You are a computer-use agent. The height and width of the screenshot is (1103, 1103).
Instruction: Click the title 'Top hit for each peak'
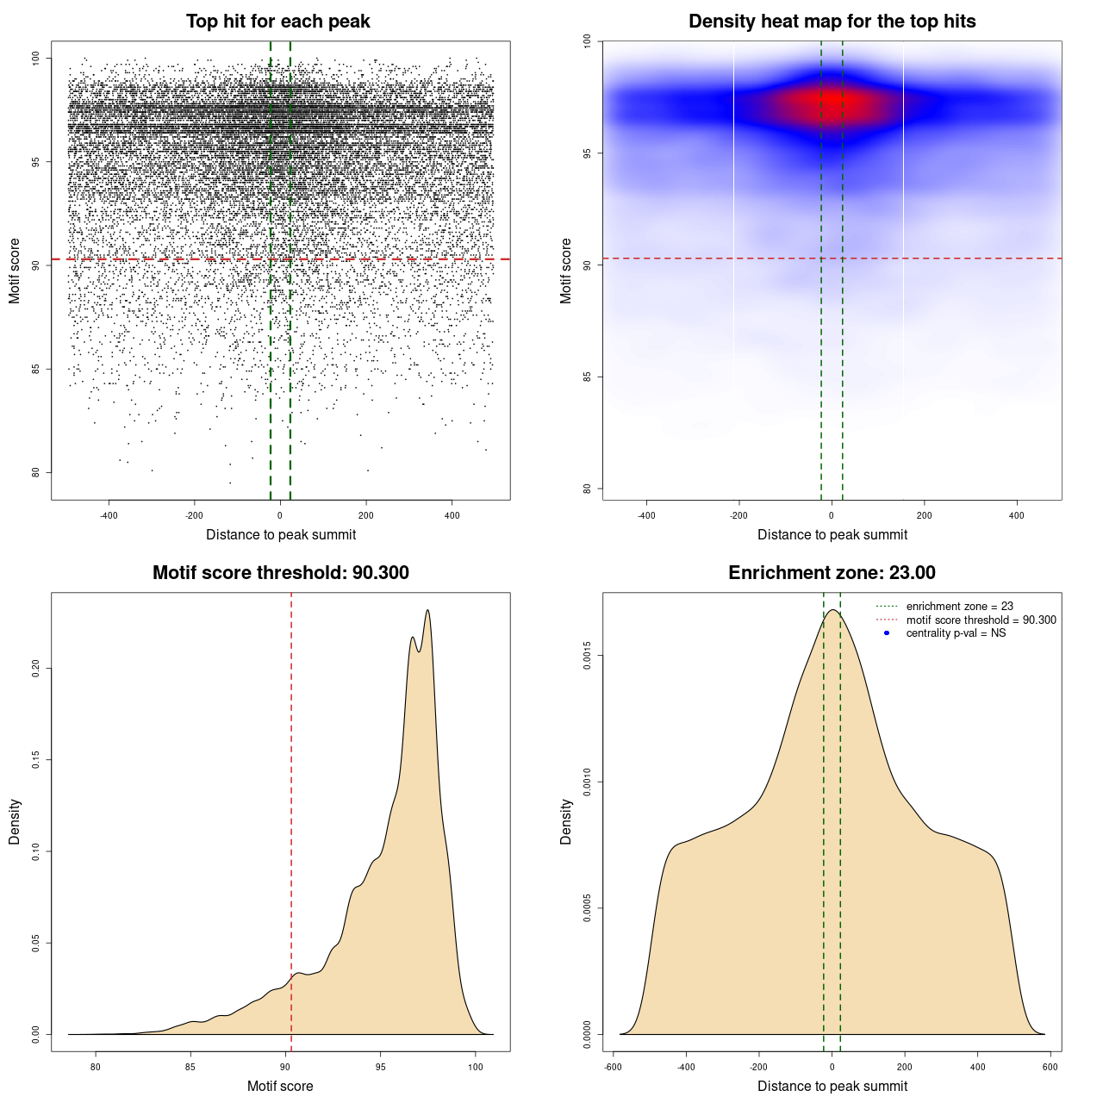[x=277, y=22]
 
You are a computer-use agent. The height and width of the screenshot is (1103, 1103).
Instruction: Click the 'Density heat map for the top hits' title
[x=832, y=22]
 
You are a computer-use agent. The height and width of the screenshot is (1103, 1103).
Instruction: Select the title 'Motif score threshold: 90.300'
[x=280, y=573]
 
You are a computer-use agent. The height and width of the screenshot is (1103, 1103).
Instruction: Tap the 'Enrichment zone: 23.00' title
[x=832, y=573]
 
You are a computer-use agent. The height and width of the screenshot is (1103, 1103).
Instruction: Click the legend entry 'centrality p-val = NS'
[x=956, y=633]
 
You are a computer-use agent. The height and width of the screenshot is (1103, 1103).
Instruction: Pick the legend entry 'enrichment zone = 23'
[x=959, y=607]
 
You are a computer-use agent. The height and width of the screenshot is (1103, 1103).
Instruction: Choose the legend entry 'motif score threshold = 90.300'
[x=981, y=620]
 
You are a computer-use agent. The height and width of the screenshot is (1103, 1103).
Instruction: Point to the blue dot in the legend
[x=887, y=633]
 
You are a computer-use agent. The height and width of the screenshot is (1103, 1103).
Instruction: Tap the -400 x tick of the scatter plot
[x=109, y=515]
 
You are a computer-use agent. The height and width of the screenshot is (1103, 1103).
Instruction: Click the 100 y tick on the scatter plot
[x=36, y=59]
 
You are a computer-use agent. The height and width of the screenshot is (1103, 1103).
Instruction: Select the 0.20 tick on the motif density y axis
[x=36, y=669]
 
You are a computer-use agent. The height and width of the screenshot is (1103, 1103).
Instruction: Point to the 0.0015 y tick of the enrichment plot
[x=588, y=656]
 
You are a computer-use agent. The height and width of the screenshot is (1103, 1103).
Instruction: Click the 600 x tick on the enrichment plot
[x=1050, y=1067]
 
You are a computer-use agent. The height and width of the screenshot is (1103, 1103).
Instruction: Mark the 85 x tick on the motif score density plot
[x=190, y=1067]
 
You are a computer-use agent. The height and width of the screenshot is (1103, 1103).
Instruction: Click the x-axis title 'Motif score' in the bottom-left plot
[x=280, y=1086]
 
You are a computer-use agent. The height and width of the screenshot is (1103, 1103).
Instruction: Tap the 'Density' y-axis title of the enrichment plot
[x=566, y=821]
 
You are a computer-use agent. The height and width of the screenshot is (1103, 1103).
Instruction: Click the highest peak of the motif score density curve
[x=427, y=611]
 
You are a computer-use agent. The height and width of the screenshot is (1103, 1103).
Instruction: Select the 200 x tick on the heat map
[x=924, y=515]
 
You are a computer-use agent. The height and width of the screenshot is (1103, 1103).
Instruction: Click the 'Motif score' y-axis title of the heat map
[x=566, y=271]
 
